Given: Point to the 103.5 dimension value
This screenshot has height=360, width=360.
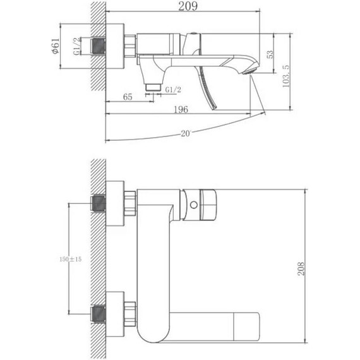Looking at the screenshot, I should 287,60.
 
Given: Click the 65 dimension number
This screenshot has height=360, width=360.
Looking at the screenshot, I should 127,97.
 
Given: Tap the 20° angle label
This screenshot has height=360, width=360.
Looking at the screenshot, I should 185,133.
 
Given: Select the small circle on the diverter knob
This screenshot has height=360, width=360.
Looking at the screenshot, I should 193,204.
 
